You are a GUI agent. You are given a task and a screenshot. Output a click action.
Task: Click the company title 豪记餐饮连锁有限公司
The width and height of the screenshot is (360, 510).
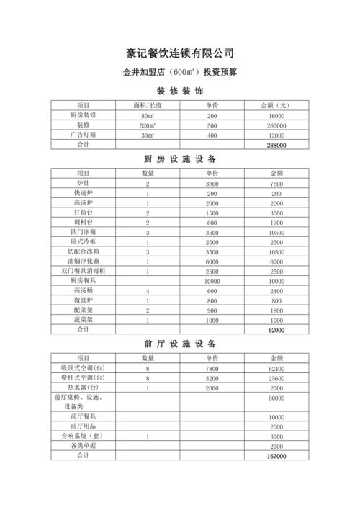[180, 53]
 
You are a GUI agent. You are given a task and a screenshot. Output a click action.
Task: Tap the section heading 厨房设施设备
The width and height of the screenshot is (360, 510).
[180, 158]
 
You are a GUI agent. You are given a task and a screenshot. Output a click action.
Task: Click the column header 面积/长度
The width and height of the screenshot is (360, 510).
[147, 106]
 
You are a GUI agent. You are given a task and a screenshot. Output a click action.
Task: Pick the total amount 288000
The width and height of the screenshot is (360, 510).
[276, 145]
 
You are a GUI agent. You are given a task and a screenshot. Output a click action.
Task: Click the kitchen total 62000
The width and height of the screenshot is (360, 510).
[276, 329]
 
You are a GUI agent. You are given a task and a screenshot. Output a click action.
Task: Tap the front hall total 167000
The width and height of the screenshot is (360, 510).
[276, 456]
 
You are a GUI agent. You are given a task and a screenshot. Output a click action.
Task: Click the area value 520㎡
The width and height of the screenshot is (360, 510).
[147, 125]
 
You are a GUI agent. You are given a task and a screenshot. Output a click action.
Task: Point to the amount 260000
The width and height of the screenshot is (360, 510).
[276, 125]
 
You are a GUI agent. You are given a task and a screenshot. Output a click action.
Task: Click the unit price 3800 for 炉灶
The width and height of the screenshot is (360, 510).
[212, 184]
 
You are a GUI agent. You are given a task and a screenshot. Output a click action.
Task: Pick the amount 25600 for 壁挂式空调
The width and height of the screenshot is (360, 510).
[276, 378]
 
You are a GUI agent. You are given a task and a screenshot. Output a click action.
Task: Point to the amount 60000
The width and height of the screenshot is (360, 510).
[276, 398]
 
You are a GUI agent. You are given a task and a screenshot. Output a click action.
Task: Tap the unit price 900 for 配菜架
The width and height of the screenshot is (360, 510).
[212, 310]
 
